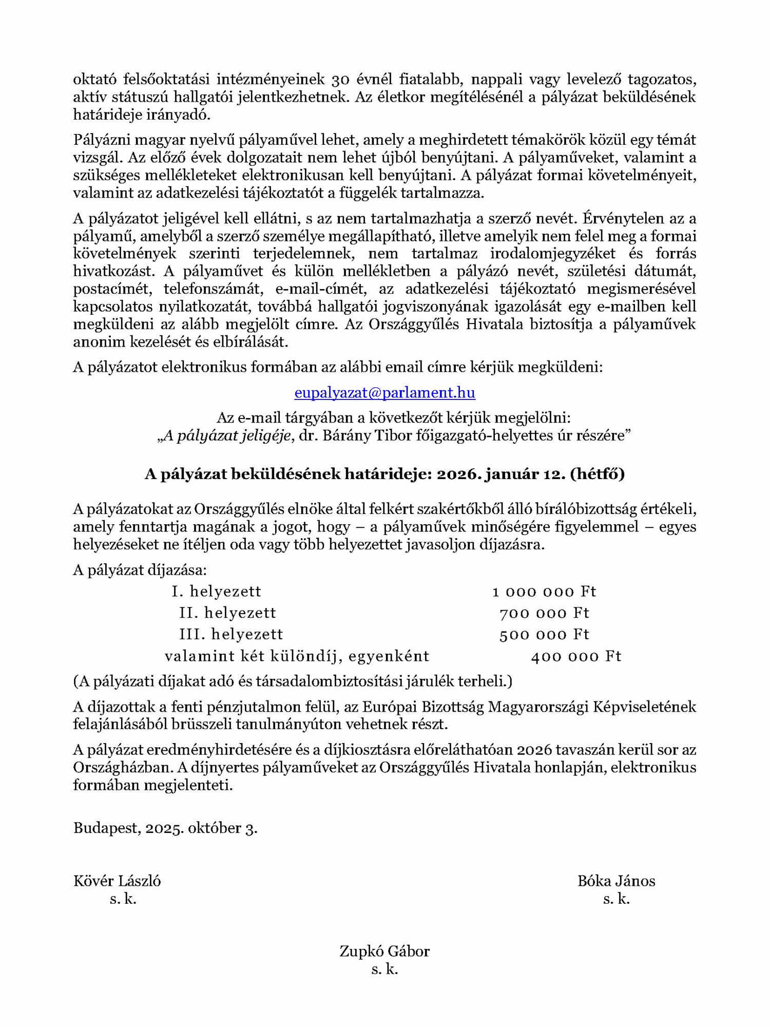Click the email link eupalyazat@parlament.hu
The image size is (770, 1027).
point(384,393)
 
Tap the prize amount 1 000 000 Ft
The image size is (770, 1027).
point(544,592)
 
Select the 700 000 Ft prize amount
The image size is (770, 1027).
point(544,613)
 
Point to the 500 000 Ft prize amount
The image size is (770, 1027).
point(544,635)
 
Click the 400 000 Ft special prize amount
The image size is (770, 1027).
point(576,656)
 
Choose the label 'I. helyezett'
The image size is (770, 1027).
point(216,592)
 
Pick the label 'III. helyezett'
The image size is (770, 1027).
point(231,635)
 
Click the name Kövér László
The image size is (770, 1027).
point(117,882)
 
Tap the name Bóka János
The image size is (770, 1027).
point(616,882)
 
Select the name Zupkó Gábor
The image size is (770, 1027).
point(384,952)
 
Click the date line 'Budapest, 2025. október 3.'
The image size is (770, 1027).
point(165,828)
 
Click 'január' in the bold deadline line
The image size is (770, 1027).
point(514,474)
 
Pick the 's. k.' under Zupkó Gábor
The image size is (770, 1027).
point(384,969)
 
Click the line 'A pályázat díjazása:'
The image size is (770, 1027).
point(140,570)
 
